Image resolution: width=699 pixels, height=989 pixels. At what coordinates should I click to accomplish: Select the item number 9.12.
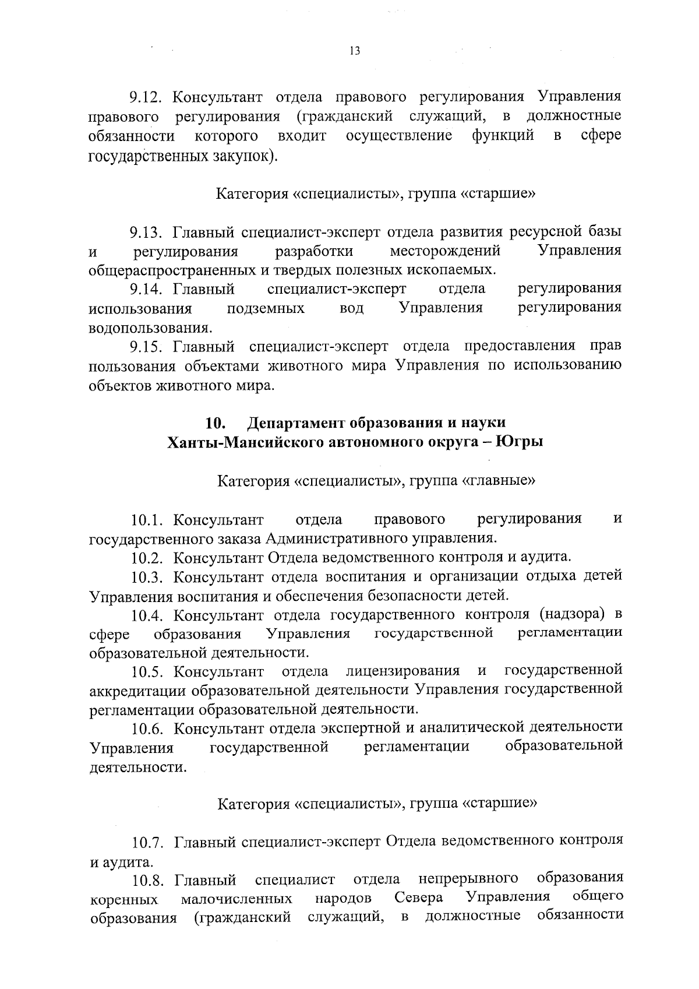point(148,97)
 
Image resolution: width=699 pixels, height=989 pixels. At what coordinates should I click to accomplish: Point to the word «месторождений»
point(445,252)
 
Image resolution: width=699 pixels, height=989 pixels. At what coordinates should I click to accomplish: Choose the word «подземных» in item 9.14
point(265,308)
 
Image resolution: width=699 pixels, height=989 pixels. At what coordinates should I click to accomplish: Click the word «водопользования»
point(150,327)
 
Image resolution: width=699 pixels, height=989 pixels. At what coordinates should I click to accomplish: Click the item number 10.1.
point(150,519)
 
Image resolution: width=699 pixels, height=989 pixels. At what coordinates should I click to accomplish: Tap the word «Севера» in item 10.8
point(418,896)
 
